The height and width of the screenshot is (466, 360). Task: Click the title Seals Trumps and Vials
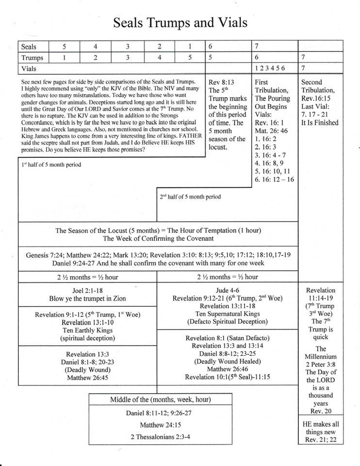180,23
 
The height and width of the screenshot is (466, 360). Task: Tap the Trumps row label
33,58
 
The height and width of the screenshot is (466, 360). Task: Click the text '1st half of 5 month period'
51,165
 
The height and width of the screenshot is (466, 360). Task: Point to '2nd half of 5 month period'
190,197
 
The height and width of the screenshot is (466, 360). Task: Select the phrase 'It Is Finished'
320,123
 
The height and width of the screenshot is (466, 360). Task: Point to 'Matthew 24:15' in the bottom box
160,425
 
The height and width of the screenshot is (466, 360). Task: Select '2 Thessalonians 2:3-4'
160,437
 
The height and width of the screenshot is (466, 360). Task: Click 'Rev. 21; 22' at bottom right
320,440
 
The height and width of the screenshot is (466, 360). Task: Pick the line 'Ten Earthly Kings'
88,330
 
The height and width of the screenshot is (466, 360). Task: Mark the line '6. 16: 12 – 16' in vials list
275,180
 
